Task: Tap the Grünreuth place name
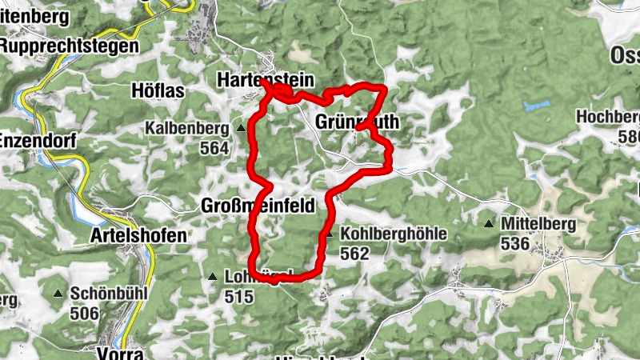click(x=357, y=122)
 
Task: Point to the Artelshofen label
click(x=139, y=236)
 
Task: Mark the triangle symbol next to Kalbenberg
click(x=241, y=127)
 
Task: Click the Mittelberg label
click(x=538, y=224)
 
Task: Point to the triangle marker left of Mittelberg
click(x=489, y=224)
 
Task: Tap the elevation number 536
click(x=516, y=243)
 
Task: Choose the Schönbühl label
click(x=109, y=294)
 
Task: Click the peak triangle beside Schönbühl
click(x=58, y=294)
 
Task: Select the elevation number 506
click(x=85, y=313)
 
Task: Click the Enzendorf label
click(x=38, y=141)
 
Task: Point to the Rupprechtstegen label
click(x=69, y=46)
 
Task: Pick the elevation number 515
click(x=238, y=298)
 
